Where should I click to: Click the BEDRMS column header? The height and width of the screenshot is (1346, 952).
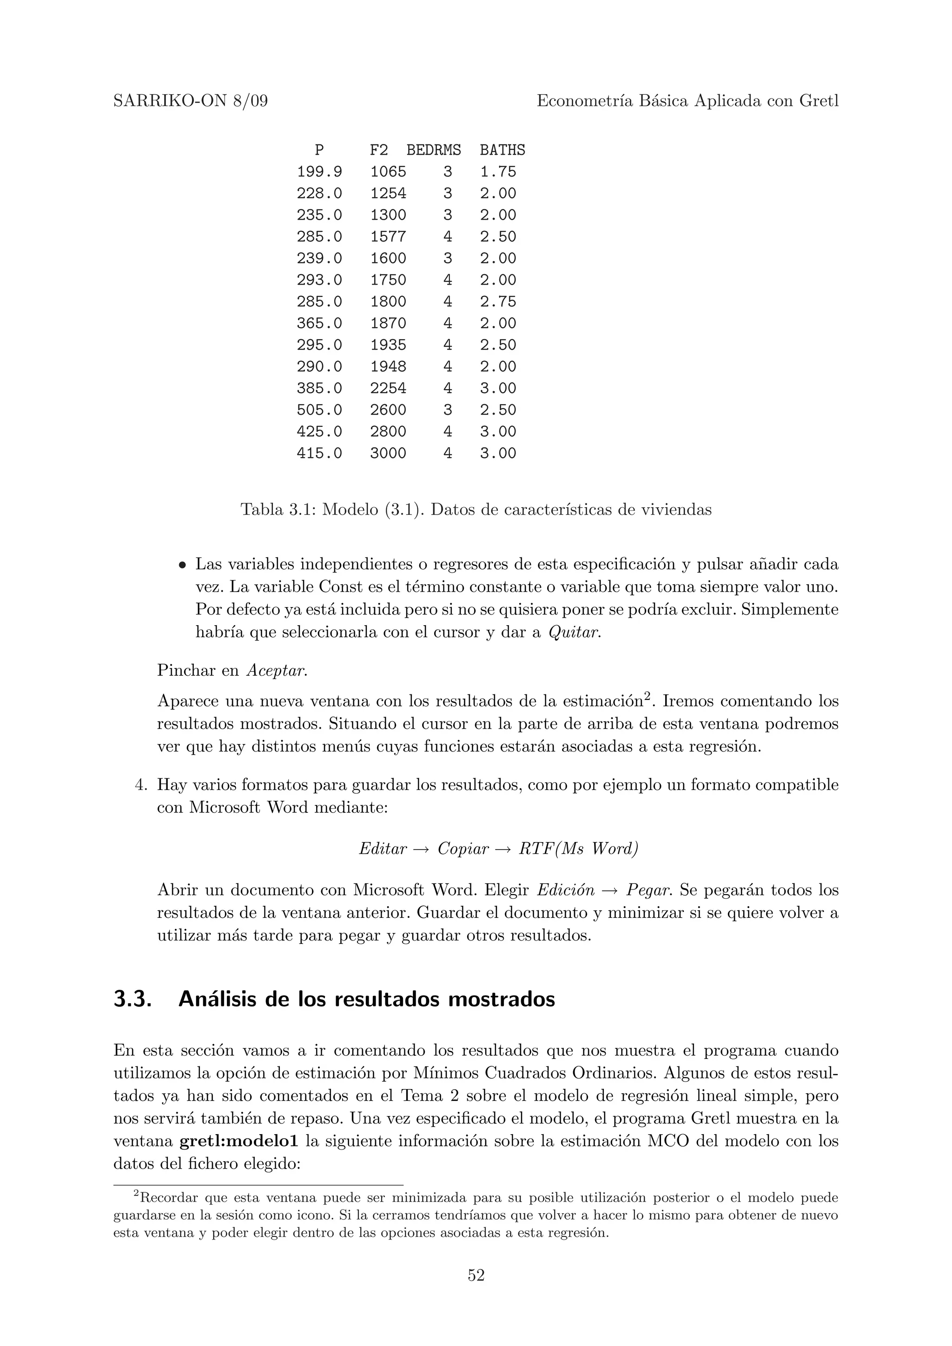(434, 150)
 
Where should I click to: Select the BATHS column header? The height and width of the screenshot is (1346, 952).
(502, 150)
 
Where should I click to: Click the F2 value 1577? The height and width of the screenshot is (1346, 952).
(388, 237)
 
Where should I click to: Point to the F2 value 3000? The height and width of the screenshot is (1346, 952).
(388, 453)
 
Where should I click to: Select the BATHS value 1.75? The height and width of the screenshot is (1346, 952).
(498, 172)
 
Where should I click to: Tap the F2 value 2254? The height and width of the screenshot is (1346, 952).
(388, 388)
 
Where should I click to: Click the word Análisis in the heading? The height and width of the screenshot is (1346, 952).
(218, 999)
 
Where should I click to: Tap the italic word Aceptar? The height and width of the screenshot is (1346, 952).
(276, 671)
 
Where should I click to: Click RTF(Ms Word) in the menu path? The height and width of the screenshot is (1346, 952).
(578, 849)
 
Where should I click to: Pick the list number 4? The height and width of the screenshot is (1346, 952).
(140, 785)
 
